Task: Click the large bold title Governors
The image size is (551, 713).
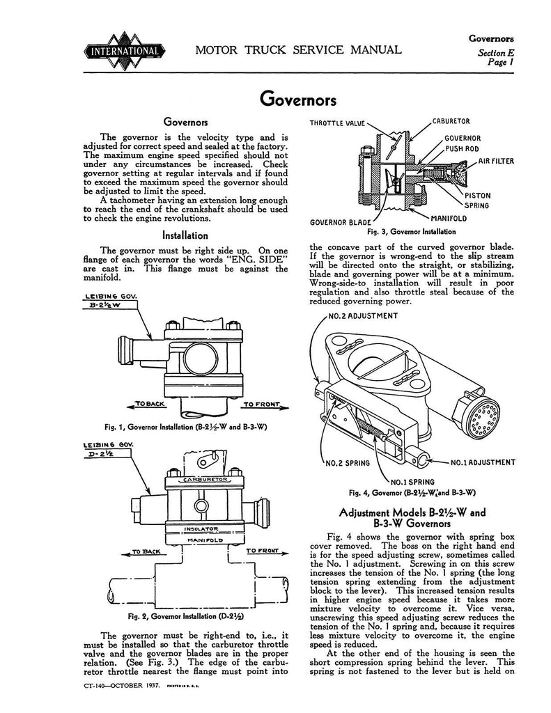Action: (x=299, y=99)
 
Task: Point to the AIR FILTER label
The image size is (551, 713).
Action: (x=495, y=162)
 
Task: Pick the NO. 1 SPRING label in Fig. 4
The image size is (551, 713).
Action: (x=413, y=480)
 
